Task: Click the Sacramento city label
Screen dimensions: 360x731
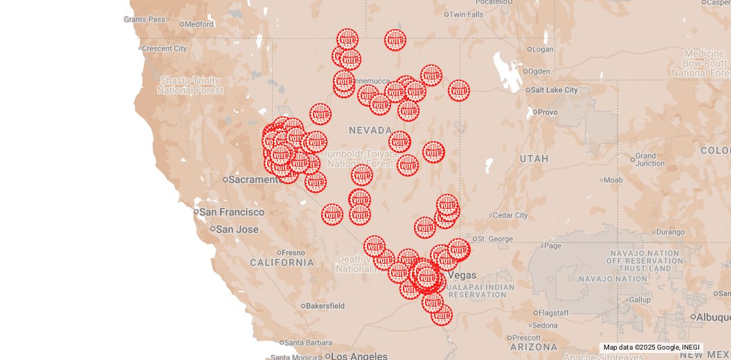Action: coord(254,179)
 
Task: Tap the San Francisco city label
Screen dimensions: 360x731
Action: coord(233,212)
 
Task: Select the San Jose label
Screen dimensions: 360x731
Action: coord(237,229)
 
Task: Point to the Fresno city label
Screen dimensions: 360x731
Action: coord(294,253)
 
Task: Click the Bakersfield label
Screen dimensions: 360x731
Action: coord(325,305)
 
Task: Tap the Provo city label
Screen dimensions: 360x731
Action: coord(547,112)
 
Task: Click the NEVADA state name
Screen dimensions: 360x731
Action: coord(370,130)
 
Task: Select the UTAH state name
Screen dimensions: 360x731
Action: coord(534,159)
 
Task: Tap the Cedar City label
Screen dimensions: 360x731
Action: coord(512,215)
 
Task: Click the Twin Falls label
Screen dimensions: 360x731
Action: coord(467,15)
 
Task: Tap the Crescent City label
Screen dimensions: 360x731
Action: coord(164,48)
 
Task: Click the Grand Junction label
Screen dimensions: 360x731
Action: coord(649,160)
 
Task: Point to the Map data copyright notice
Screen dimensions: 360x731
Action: coord(651,348)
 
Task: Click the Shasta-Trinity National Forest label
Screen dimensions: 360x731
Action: coord(190,85)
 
